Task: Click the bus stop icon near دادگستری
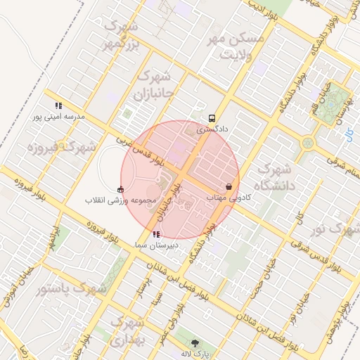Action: [212, 118]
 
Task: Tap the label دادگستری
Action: [212, 129]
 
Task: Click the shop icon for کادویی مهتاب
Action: [230, 187]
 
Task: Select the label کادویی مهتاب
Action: [229, 198]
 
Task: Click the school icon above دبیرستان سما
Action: [155, 234]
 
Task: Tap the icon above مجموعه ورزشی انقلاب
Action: [120, 188]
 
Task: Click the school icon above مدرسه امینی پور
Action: [58, 105]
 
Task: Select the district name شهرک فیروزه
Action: [61, 148]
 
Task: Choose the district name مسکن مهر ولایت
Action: [238, 46]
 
